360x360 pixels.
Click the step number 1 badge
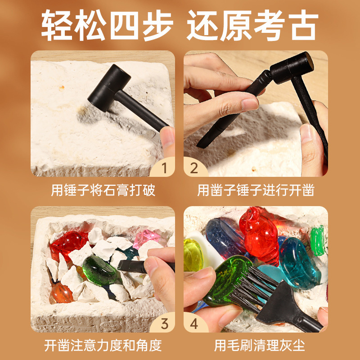point(163,167)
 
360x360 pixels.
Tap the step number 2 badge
point(194,168)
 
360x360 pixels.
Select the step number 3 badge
point(164,324)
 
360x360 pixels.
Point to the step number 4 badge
point(194,324)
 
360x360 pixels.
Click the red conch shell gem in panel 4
point(260,234)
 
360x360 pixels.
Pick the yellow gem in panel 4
point(193,254)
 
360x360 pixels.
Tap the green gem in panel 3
point(100,270)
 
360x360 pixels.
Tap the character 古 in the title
point(303,25)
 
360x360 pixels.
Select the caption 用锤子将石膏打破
point(103,190)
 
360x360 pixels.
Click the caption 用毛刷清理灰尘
point(260,345)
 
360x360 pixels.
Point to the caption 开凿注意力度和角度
point(103,345)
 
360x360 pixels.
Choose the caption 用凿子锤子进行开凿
point(256,190)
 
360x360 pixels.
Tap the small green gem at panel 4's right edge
point(317,240)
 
